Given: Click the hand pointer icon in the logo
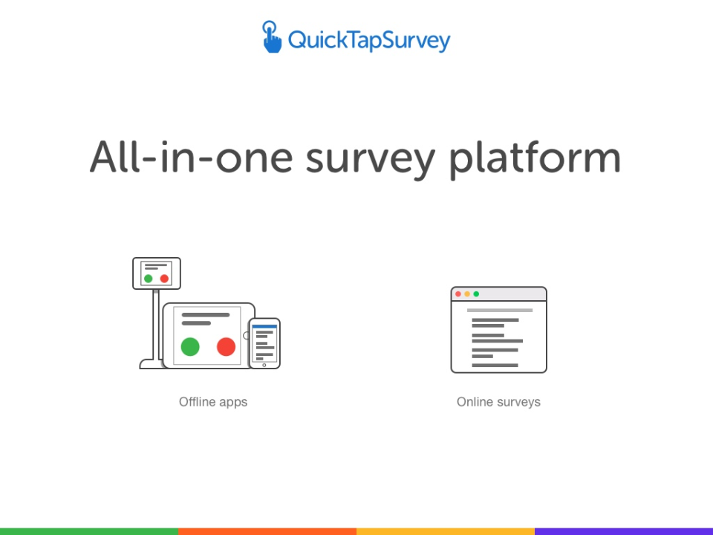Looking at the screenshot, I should [272, 37].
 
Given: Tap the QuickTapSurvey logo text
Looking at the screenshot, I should [369, 40].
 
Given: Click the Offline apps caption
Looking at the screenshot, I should [213, 402].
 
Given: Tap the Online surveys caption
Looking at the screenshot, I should [498, 402].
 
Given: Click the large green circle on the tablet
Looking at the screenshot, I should [190, 346].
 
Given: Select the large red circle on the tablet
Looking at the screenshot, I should [226, 346].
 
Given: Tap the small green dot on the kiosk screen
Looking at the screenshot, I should [149, 279].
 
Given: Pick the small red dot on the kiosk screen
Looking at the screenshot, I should [164, 279].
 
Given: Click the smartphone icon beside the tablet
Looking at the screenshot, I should [264, 343].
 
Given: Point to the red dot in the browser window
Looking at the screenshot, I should [458, 294].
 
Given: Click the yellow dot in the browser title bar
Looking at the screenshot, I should [467, 294].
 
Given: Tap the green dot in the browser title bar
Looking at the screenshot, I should [476, 294].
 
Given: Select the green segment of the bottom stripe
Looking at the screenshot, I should [89, 531].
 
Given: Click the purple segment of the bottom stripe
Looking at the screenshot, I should [624, 531].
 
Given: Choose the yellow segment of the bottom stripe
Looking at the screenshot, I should [446, 531].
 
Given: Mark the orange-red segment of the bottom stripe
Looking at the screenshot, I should [267, 531].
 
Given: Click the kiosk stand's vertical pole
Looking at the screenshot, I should [156, 323].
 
